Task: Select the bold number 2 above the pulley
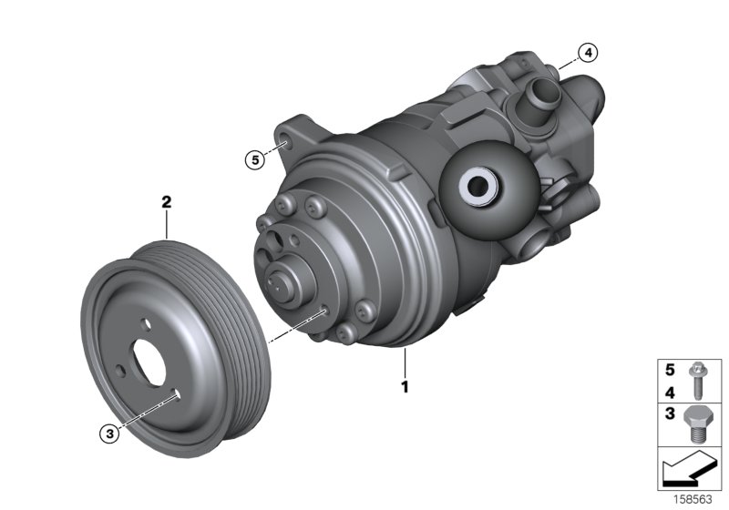click(x=167, y=203)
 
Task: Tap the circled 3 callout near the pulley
click(x=109, y=434)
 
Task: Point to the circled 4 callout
click(x=589, y=52)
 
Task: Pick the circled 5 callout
click(x=255, y=160)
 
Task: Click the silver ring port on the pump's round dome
click(x=477, y=189)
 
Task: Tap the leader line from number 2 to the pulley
click(x=167, y=225)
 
